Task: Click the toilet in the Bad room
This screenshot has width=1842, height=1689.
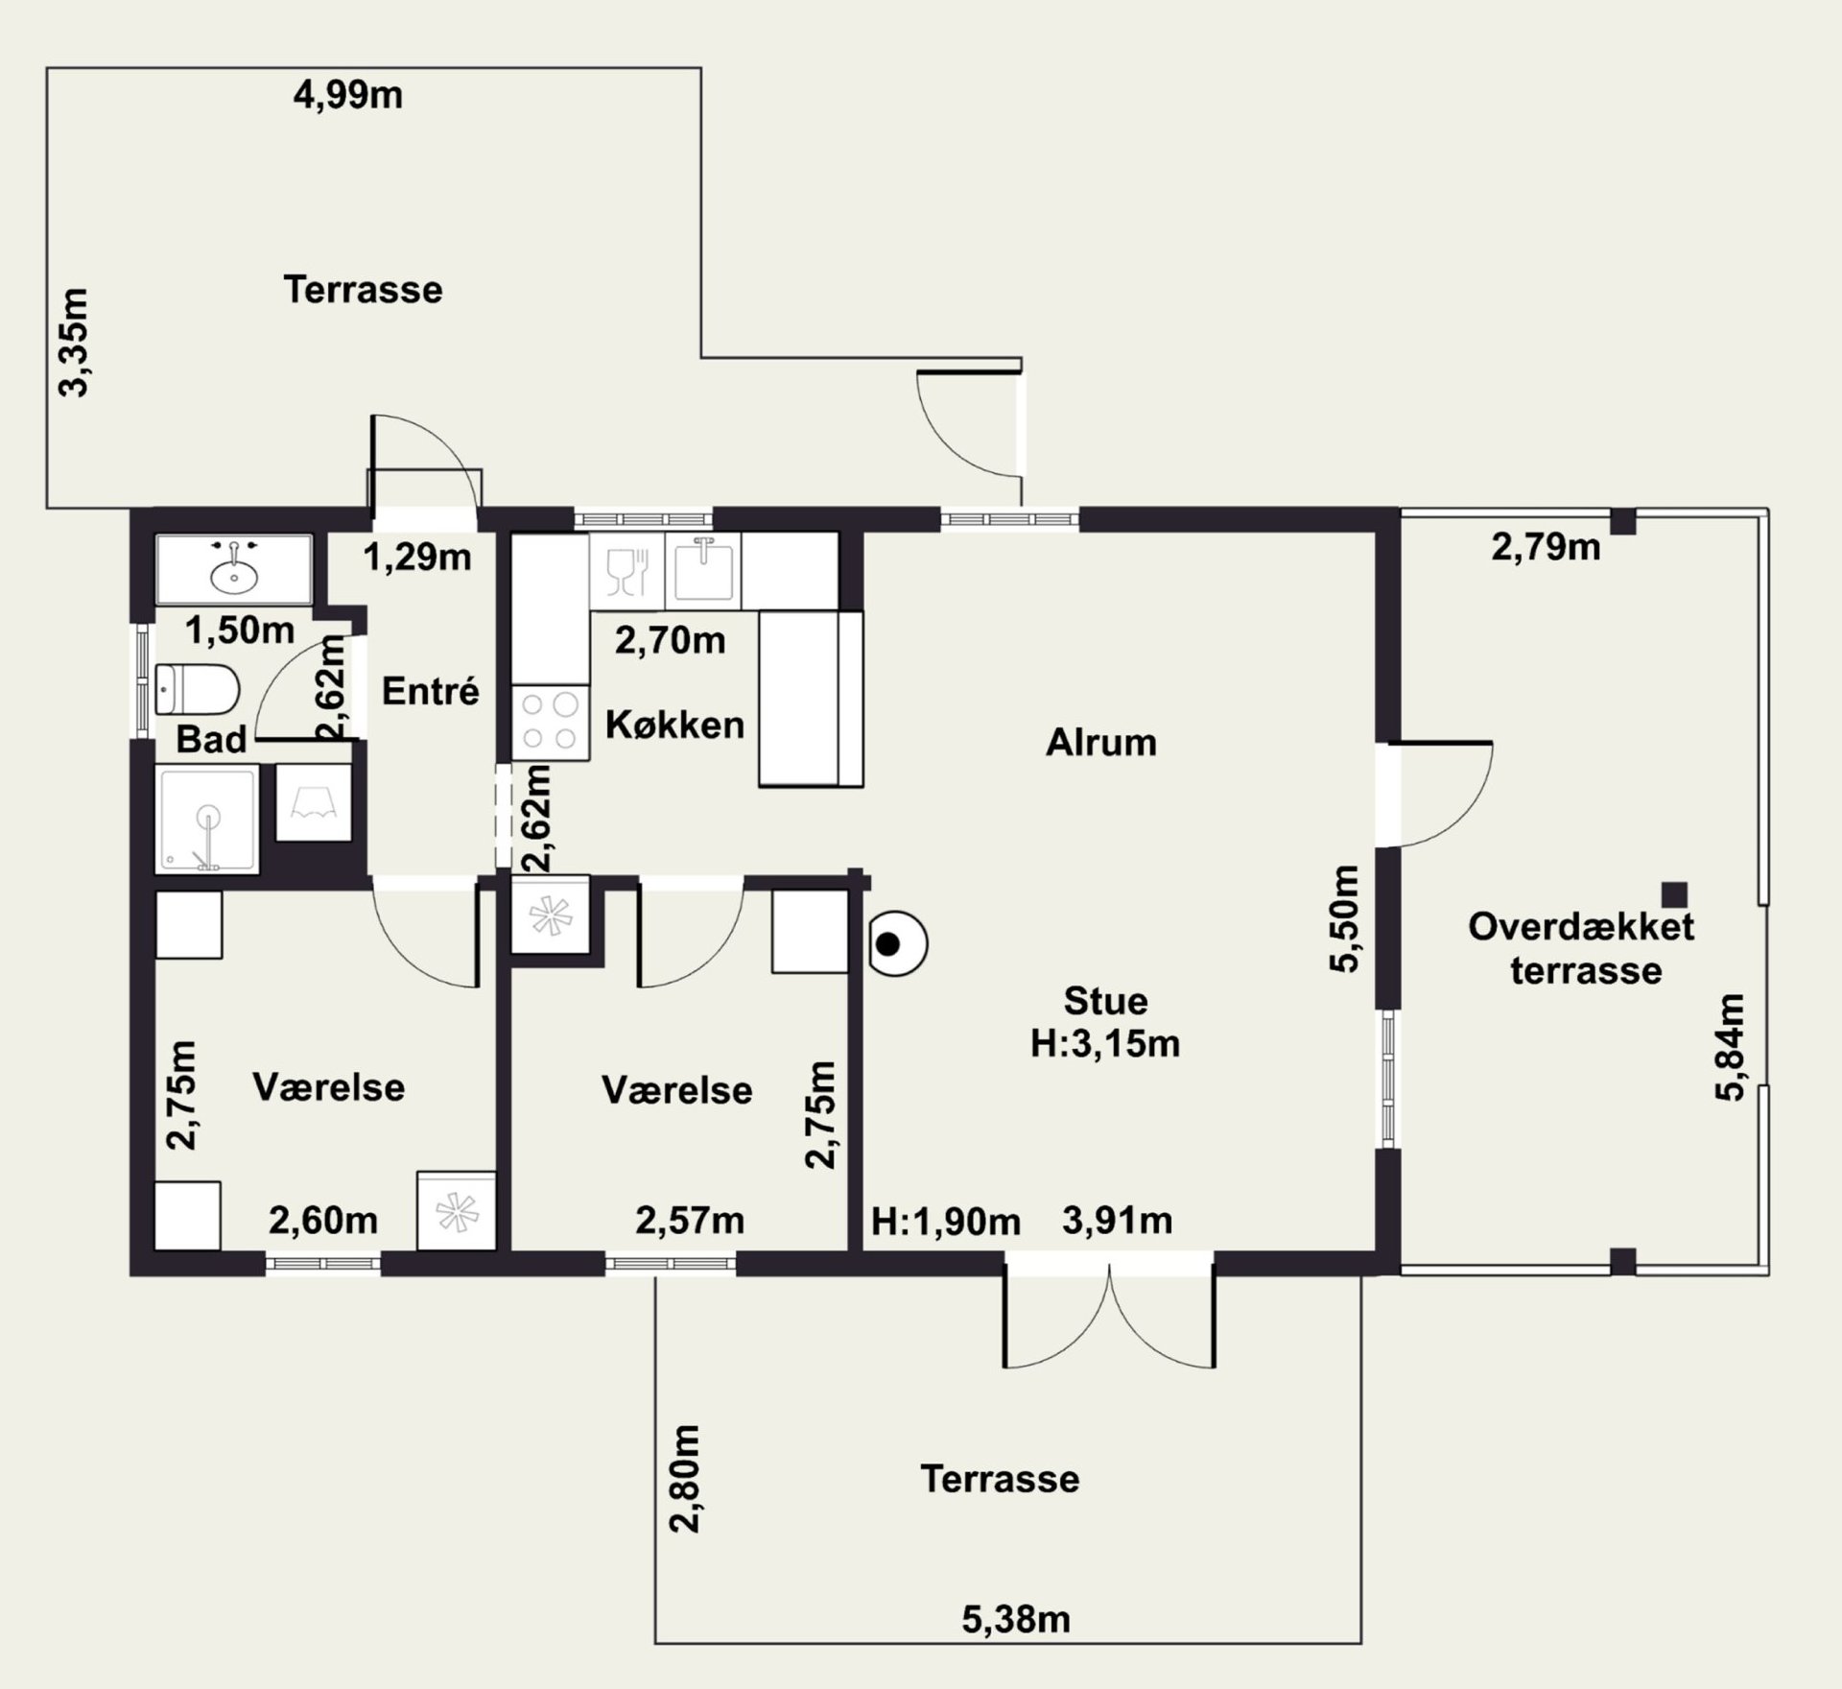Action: point(197,689)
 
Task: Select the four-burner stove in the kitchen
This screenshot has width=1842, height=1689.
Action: point(550,723)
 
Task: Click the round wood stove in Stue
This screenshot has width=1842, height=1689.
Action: point(897,944)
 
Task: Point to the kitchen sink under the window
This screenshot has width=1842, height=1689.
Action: point(705,570)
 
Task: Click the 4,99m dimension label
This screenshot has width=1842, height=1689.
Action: point(347,96)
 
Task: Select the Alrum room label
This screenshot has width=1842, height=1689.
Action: point(1101,743)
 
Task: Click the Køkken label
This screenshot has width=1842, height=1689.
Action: point(674,725)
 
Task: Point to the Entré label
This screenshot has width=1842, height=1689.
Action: point(431,691)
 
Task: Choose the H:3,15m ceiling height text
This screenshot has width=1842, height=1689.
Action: point(1105,1044)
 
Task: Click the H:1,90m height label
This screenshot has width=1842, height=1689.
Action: point(946,1222)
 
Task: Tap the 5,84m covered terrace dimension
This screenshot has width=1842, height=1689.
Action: point(1729,1047)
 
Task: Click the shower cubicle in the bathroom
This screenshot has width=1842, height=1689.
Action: point(206,819)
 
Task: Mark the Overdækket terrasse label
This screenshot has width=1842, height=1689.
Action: point(1582,948)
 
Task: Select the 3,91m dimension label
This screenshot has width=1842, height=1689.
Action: point(1117,1221)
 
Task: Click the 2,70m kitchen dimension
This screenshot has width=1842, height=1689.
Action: point(670,640)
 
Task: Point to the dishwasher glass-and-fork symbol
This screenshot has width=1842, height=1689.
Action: point(627,570)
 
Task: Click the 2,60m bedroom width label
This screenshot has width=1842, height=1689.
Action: point(323,1221)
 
